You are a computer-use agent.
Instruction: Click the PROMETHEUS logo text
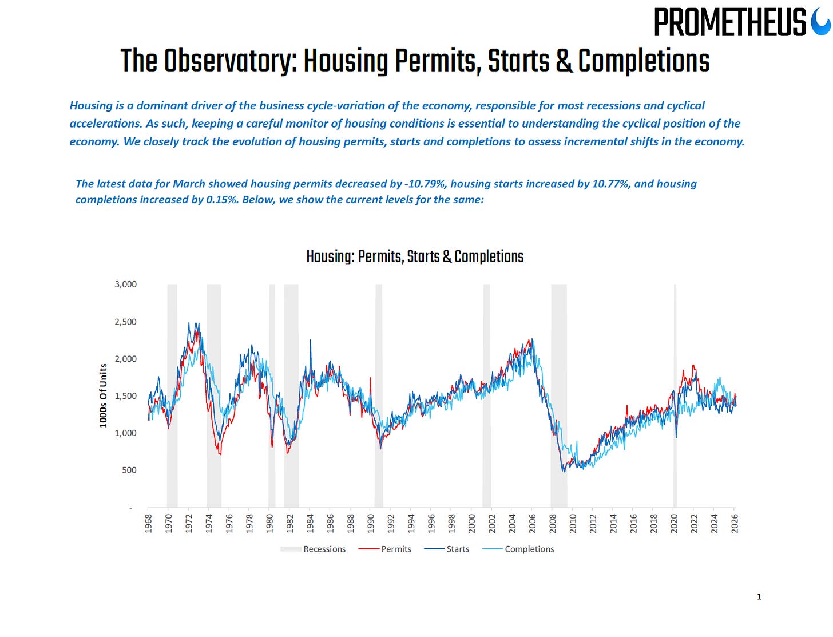pyautogui.click(x=729, y=23)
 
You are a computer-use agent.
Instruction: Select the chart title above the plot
pyautogui.click(x=415, y=256)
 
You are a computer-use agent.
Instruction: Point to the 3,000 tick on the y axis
pyautogui.click(x=126, y=284)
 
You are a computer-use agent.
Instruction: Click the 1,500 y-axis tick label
pyautogui.click(x=126, y=396)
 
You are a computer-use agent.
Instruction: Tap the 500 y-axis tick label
pyautogui.click(x=129, y=470)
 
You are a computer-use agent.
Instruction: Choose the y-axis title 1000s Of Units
pyautogui.click(x=104, y=395)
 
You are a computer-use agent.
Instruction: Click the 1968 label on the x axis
pyautogui.click(x=149, y=523)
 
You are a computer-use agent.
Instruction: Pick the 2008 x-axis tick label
pyautogui.click(x=553, y=523)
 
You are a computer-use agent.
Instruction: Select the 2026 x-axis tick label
pyautogui.click(x=735, y=523)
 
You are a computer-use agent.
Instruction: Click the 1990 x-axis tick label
pyautogui.click(x=371, y=523)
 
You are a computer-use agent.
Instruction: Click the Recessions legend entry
pyautogui.click(x=324, y=549)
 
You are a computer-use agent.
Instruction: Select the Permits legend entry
pyautogui.click(x=396, y=549)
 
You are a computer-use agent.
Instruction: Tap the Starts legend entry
pyautogui.click(x=458, y=549)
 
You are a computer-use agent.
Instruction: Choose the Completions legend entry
pyautogui.click(x=529, y=549)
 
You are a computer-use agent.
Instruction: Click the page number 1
pyautogui.click(x=759, y=597)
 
